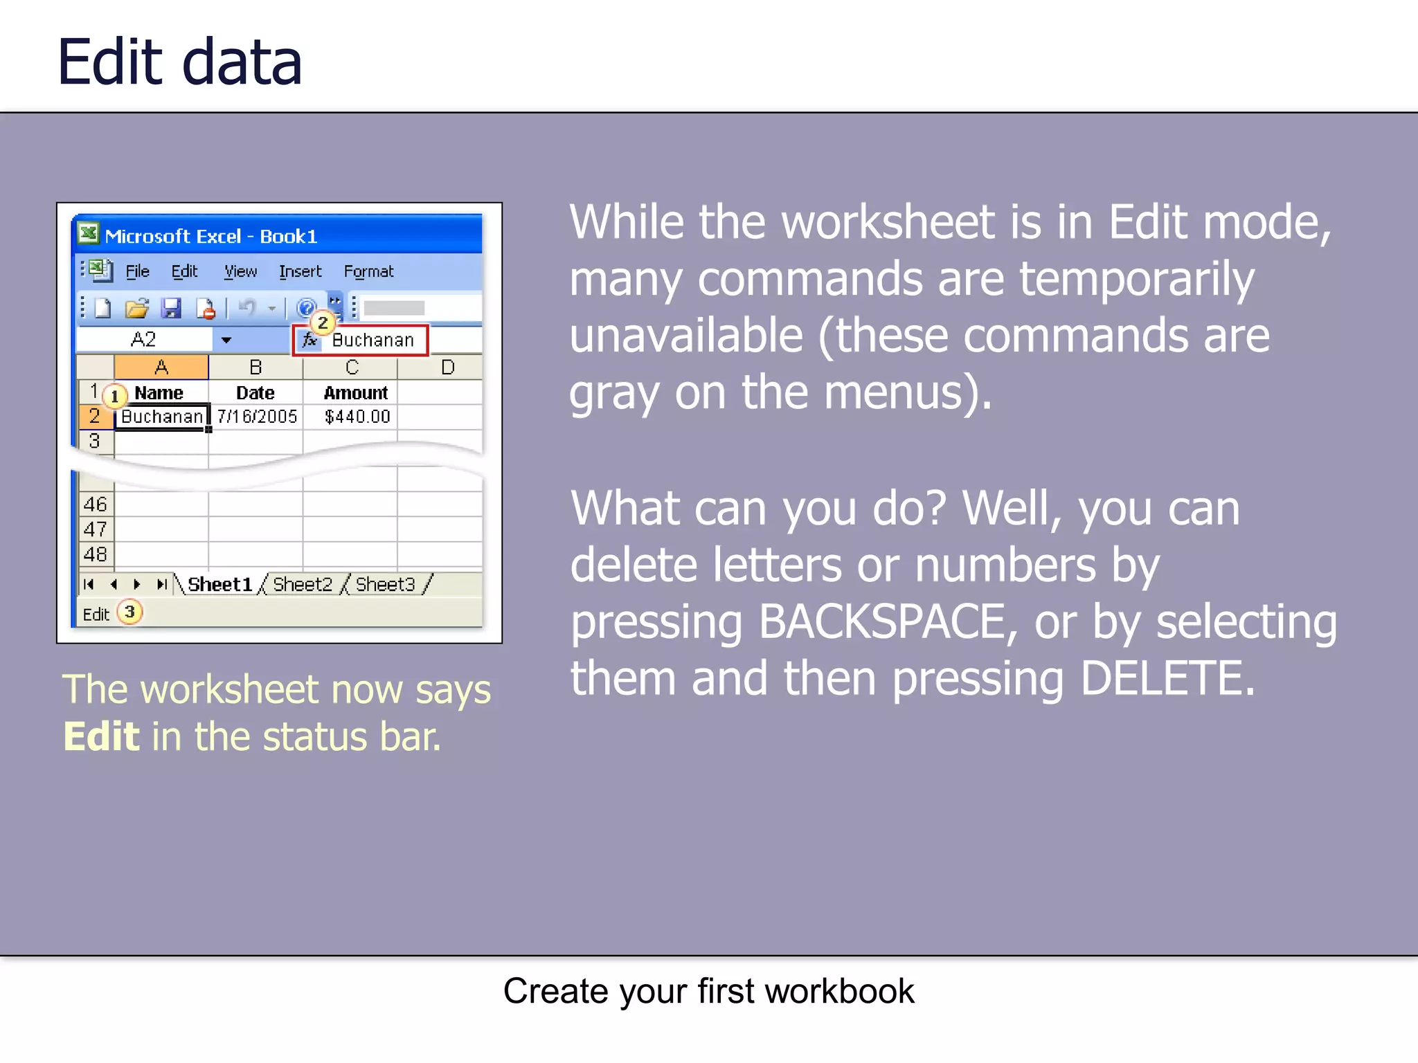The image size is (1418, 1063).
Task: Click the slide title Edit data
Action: pyautogui.click(x=179, y=62)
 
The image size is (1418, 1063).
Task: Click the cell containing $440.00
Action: pyautogui.click(x=357, y=417)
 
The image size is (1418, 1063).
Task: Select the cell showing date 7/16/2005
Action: pyautogui.click(x=256, y=417)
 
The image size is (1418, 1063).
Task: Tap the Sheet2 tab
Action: pyautogui.click(x=302, y=585)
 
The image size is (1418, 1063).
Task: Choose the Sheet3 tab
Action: pyautogui.click(x=385, y=585)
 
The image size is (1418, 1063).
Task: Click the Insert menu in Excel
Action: pyautogui.click(x=300, y=272)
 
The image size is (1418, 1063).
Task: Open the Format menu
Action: pyautogui.click(x=368, y=272)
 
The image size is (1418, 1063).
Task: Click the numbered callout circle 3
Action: pyautogui.click(x=129, y=612)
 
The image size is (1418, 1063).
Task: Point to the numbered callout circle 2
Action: pyautogui.click(x=322, y=322)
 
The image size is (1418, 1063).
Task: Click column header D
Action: pyautogui.click(x=447, y=367)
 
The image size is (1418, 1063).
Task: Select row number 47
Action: pyautogui.click(x=95, y=529)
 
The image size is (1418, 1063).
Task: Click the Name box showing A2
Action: pyautogui.click(x=143, y=340)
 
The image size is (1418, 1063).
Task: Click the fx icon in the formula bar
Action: pyautogui.click(x=309, y=340)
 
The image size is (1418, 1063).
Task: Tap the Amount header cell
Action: pyautogui.click(x=355, y=393)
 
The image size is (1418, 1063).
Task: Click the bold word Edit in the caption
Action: pyautogui.click(x=101, y=736)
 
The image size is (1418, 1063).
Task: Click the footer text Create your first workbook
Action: pyautogui.click(x=708, y=991)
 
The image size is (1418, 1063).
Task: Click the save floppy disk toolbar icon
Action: pyautogui.click(x=171, y=309)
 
